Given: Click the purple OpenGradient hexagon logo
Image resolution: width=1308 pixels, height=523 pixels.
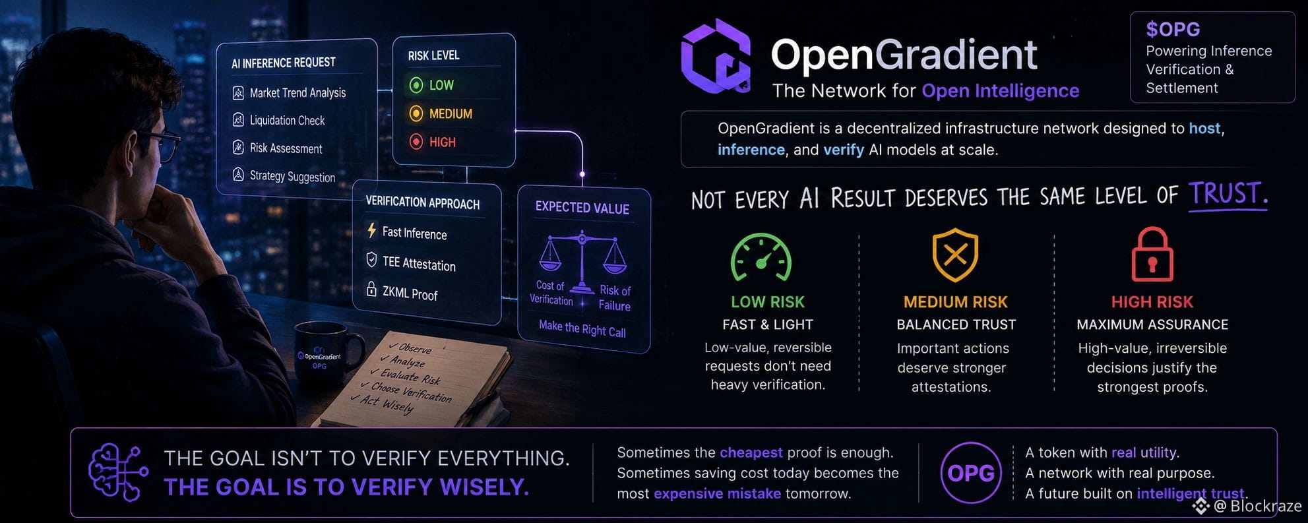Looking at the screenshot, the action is point(716,57).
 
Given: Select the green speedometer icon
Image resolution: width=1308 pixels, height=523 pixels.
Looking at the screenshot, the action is point(761,257).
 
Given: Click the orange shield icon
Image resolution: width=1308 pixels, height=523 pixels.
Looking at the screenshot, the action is point(955,255).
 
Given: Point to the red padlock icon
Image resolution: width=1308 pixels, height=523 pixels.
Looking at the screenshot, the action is point(1152,255).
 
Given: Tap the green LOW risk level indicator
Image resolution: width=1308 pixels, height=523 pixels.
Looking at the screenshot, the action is point(431,85).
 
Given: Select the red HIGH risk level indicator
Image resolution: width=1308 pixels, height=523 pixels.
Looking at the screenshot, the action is point(433,142).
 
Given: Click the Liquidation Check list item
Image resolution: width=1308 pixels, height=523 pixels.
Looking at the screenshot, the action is point(279,120).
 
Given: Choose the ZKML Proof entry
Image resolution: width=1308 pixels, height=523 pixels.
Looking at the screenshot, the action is point(402,292).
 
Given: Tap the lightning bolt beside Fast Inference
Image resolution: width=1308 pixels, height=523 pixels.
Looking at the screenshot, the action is point(372,231).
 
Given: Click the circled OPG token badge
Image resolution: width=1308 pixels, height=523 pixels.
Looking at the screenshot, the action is point(971,473).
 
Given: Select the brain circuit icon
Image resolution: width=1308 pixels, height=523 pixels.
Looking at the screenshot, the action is point(118,472).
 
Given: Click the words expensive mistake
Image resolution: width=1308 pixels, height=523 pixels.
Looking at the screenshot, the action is point(717,493).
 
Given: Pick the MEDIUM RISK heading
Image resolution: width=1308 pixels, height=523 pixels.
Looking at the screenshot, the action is point(955,302).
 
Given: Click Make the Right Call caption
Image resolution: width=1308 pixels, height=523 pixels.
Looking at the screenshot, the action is point(582,328).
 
